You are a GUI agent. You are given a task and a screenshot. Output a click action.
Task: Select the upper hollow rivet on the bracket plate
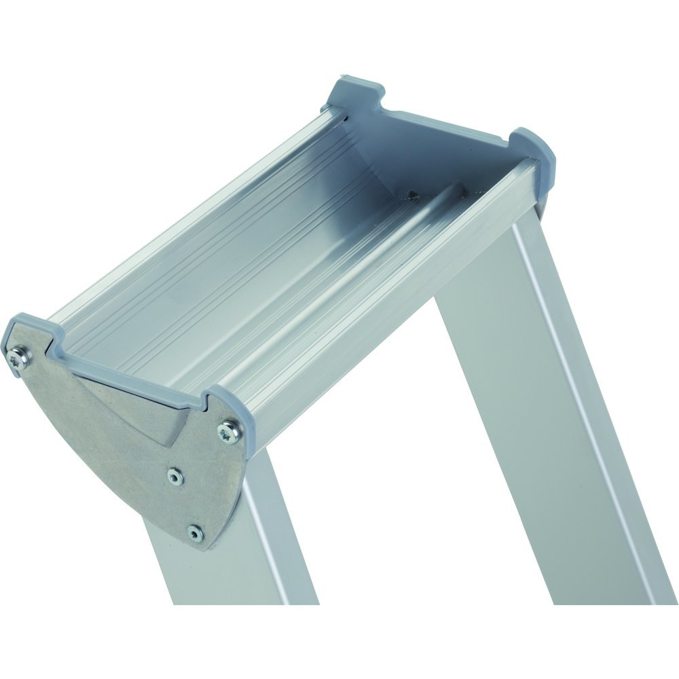click(x=176, y=479)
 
